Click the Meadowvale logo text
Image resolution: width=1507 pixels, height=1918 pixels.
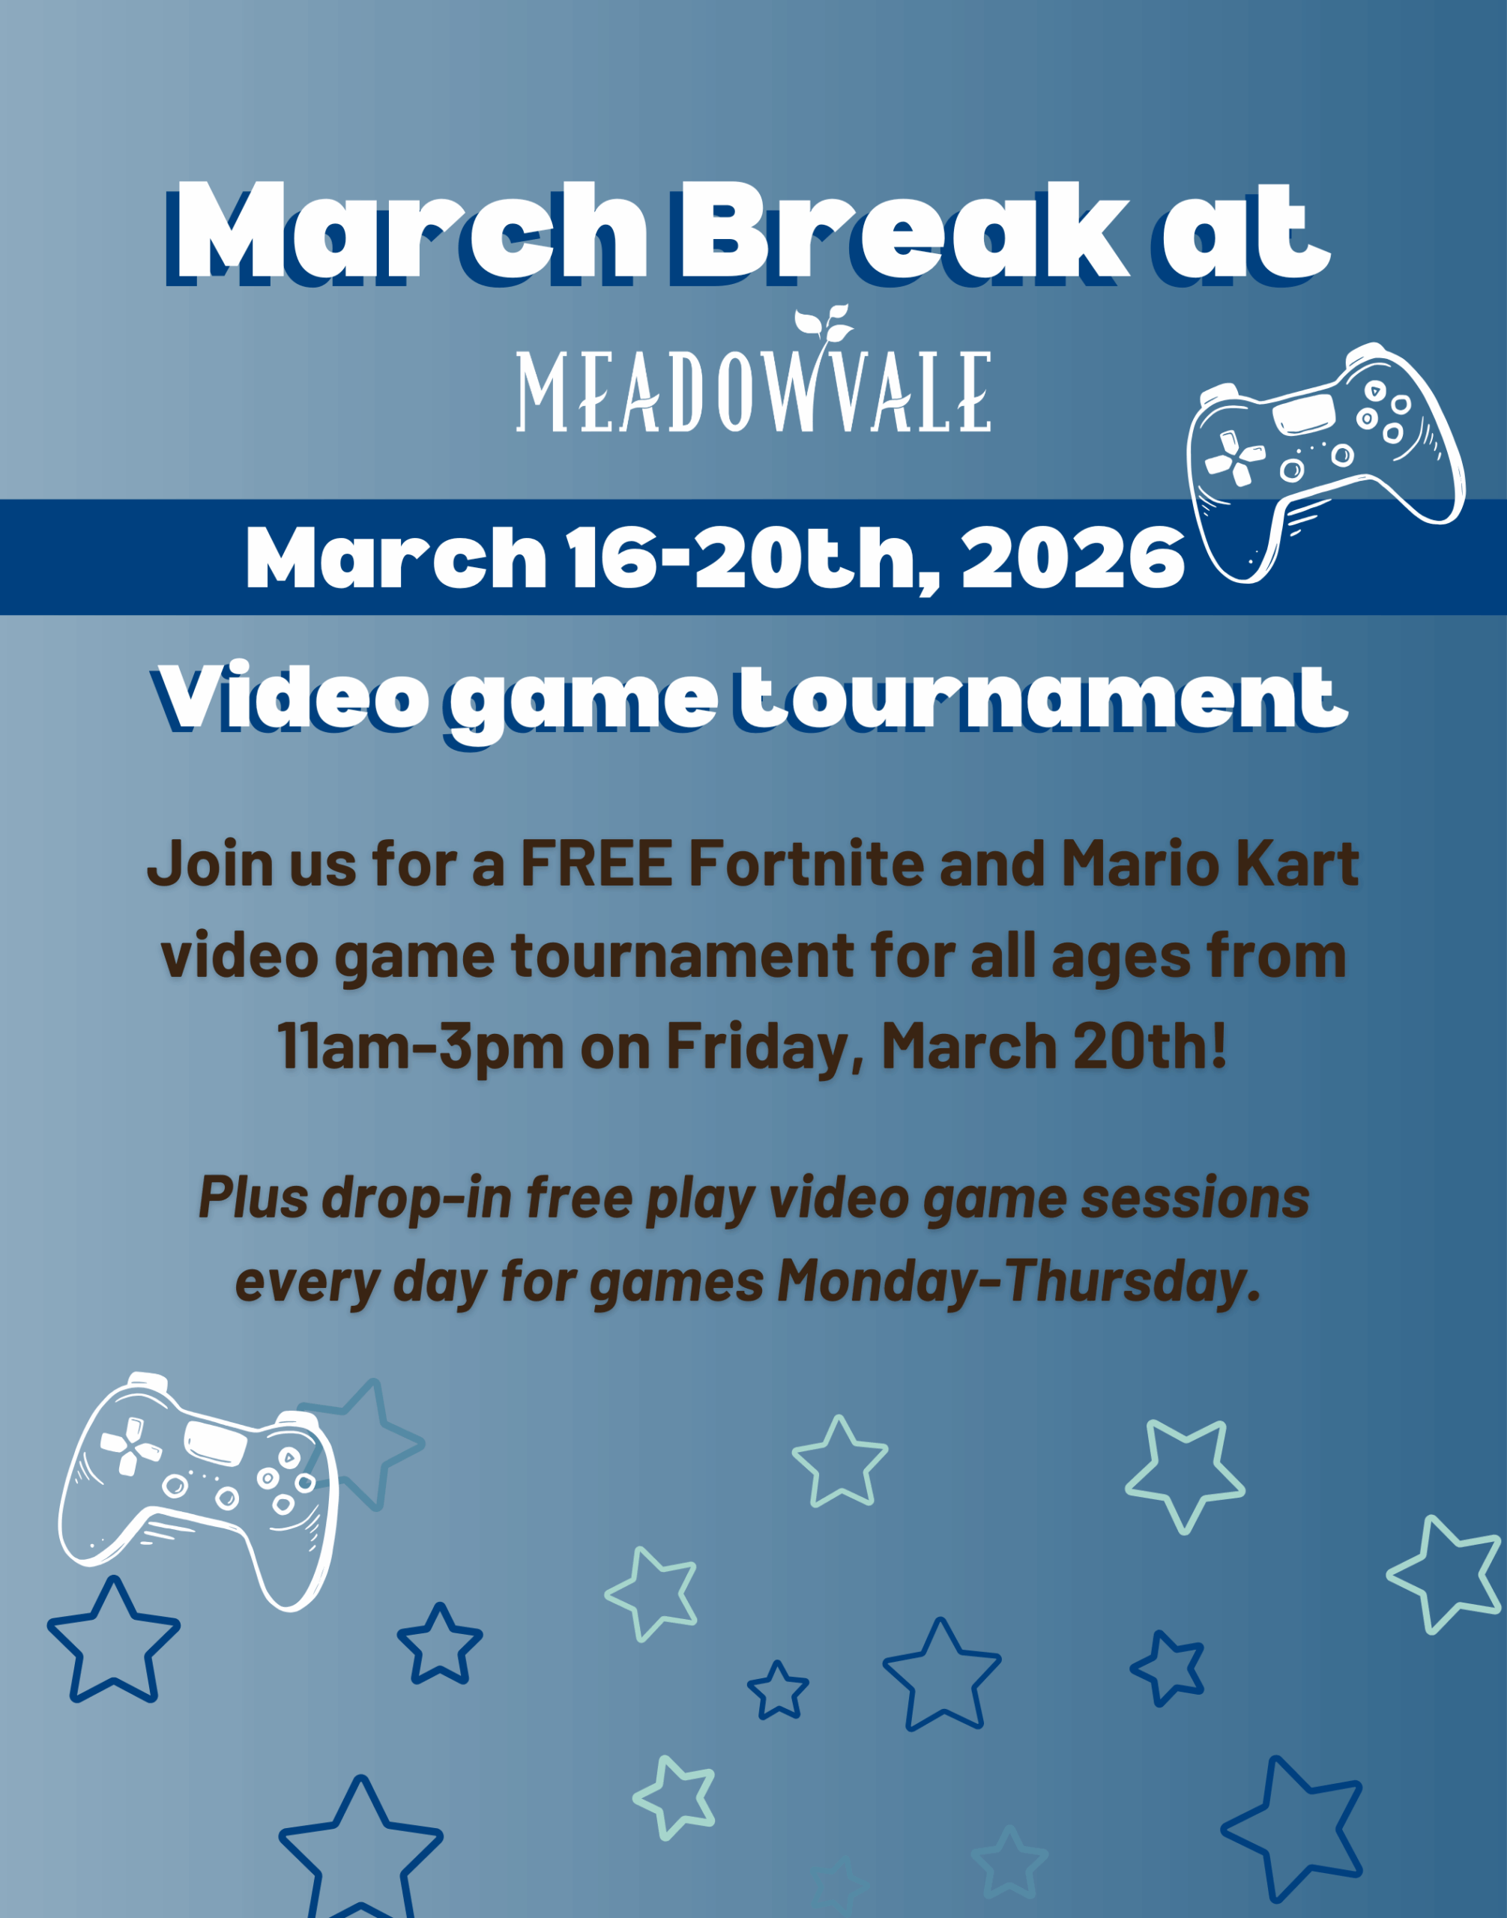pyautogui.click(x=754, y=391)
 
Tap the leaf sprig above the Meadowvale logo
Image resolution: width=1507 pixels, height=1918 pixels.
pyautogui.click(x=824, y=324)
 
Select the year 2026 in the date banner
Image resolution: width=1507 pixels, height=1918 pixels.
pyautogui.click(x=1072, y=557)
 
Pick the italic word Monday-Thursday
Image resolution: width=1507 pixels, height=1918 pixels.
pyautogui.click(x=1020, y=1280)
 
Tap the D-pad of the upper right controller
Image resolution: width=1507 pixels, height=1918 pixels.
pyautogui.click(x=1235, y=459)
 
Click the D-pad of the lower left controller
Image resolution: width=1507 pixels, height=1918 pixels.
pyautogui.click(x=130, y=1446)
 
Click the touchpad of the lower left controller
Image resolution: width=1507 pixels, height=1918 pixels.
pyautogui.click(x=215, y=1442)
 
